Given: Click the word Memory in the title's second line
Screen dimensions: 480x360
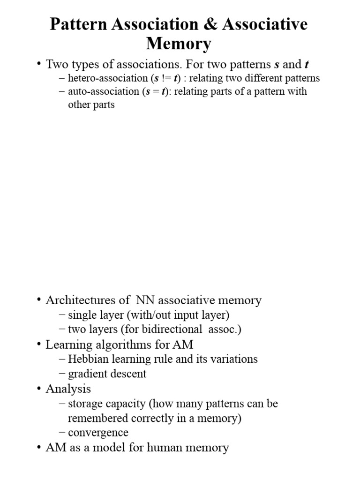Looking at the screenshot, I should coord(179,44).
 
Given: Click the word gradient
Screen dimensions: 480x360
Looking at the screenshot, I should coord(87,374).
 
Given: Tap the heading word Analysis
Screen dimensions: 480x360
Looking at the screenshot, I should coord(68,389).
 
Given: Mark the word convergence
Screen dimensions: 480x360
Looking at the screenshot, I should coord(98,433).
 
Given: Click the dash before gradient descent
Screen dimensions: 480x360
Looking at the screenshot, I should coord(63,374).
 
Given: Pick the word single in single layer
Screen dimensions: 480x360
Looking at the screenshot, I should coord(82,315).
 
